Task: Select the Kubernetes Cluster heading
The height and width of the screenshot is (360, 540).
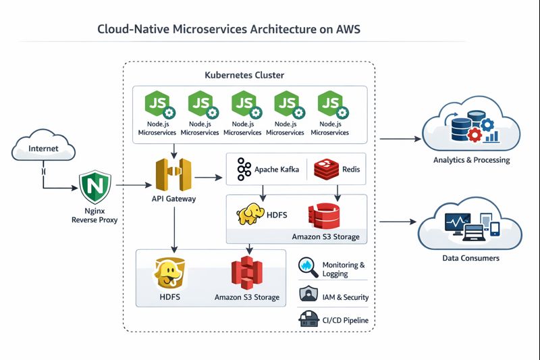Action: tap(244, 75)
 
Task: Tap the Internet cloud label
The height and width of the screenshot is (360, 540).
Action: tap(44, 149)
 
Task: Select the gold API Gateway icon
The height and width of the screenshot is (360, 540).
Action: tap(173, 176)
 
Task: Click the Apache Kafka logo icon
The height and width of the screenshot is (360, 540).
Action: tap(244, 170)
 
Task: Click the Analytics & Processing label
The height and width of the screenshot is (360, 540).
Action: tap(471, 160)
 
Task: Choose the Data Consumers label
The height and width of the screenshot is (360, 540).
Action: tap(471, 258)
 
